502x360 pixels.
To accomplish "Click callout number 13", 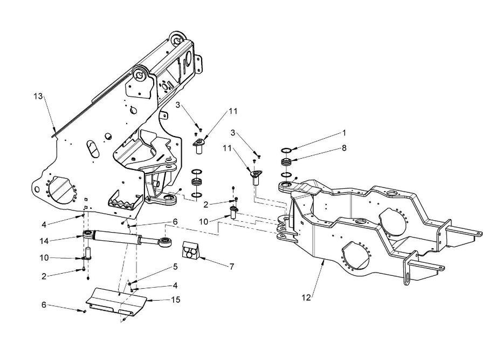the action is pyautogui.click(x=38, y=96).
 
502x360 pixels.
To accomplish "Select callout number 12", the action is pyautogui.click(x=306, y=298).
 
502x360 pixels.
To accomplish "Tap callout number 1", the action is pyautogui.click(x=344, y=133).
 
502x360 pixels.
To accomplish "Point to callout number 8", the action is pyautogui.click(x=344, y=148).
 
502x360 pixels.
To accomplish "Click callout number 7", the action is pyautogui.click(x=232, y=266).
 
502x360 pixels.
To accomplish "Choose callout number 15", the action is pyautogui.click(x=176, y=300).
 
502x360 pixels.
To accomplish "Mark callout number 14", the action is pyautogui.click(x=44, y=241).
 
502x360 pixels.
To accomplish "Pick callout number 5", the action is pyautogui.click(x=175, y=267).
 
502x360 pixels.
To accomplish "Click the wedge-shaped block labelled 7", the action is pyautogui.click(x=190, y=249).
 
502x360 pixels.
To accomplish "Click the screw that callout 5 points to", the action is pyautogui.click(x=129, y=284).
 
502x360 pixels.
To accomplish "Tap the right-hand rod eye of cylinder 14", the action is pyautogui.click(x=165, y=242).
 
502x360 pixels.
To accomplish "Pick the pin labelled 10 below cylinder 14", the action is pyautogui.click(x=87, y=253).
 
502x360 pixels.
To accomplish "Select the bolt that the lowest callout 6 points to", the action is pyautogui.click(x=84, y=311).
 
